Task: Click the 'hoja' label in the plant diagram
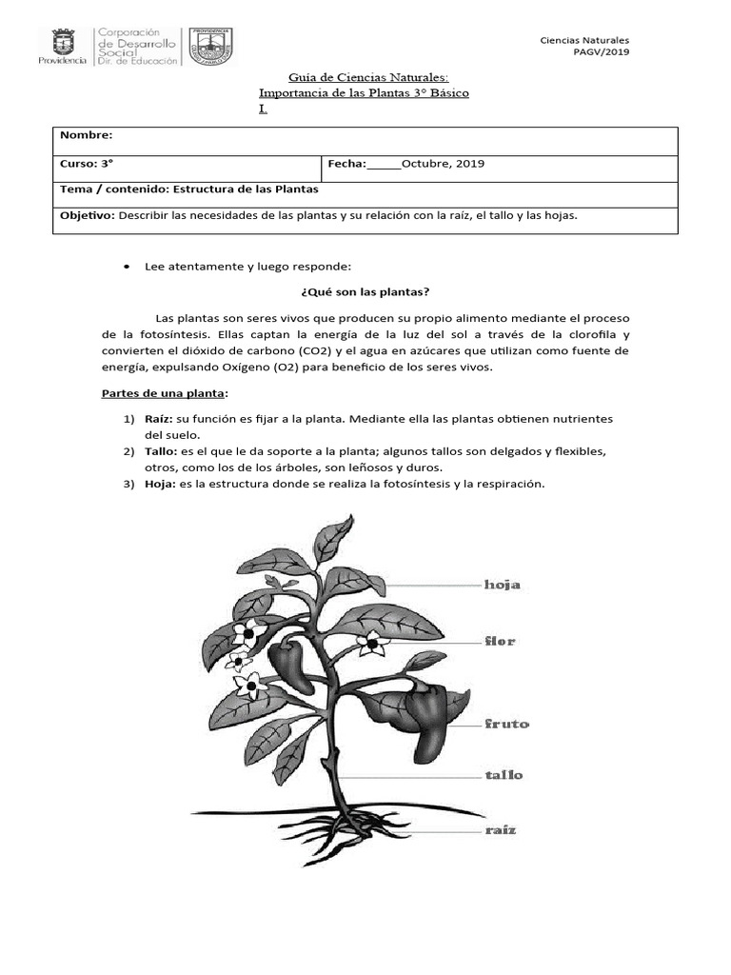(502, 585)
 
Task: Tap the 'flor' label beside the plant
(500, 641)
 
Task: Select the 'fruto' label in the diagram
(505, 724)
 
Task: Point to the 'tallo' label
(504, 775)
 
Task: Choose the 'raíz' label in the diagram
(500, 830)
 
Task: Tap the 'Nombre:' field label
(87, 136)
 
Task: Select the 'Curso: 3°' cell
(81, 163)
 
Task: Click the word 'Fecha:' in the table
(347, 163)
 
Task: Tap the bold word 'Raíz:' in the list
(159, 419)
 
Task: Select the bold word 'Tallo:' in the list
(161, 450)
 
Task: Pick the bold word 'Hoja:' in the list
(159, 484)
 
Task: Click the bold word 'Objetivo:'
(88, 215)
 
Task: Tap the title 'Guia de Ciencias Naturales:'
(366, 76)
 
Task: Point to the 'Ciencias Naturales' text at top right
(584, 40)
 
